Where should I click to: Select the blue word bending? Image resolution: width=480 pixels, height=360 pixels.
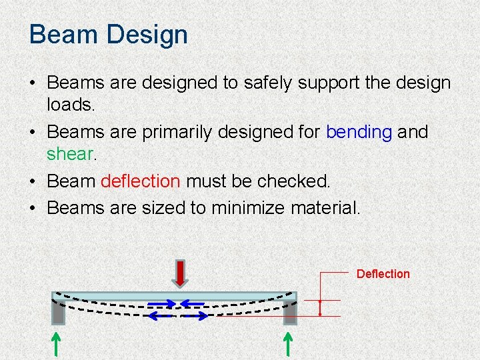point(359,132)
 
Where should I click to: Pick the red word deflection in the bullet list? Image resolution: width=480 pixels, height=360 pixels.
point(140,181)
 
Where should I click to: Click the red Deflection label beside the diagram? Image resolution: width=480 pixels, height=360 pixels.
point(383,274)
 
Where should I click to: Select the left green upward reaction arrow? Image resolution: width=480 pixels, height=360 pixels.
point(57,345)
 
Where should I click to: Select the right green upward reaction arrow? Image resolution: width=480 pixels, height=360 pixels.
point(289,345)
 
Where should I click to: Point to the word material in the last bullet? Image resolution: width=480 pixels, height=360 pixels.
point(326,208)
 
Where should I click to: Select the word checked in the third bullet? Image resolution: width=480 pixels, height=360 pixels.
point(299,181)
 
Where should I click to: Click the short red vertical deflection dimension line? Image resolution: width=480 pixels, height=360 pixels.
point(320,307)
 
